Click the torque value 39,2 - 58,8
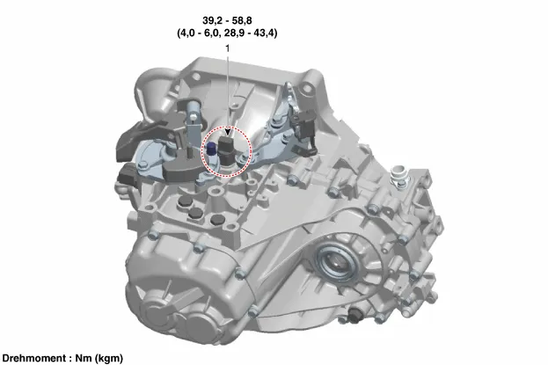[x=227, y=20]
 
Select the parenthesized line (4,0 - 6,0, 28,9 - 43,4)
[x=227, y=33]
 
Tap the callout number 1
[x=228, y=48]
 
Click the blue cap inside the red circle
[x=211, y=149]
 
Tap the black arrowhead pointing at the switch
[x=228, y=132]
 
